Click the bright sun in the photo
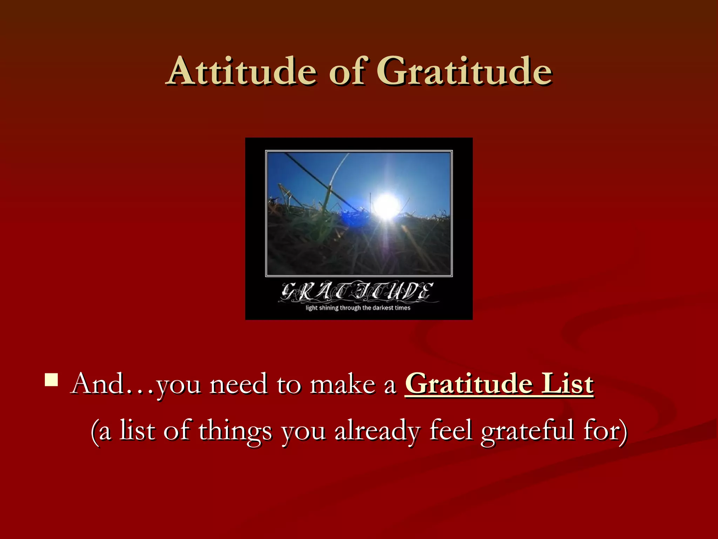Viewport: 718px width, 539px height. click(x=386, y=205)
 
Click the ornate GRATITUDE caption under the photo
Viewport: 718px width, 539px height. click(x=358, y=292)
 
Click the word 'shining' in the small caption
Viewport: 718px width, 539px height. click(x=328, y=308)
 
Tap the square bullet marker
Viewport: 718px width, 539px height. click(x=51, y=380)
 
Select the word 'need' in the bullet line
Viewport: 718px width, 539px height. click(x=238, y=384)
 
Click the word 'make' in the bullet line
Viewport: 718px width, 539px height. click(x=343, y=384)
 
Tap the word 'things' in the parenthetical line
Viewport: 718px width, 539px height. click(x=235, y=431)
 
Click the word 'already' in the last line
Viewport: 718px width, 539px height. click(x=377, y=431)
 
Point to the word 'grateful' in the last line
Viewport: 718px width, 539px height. click(x=527, y=431)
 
